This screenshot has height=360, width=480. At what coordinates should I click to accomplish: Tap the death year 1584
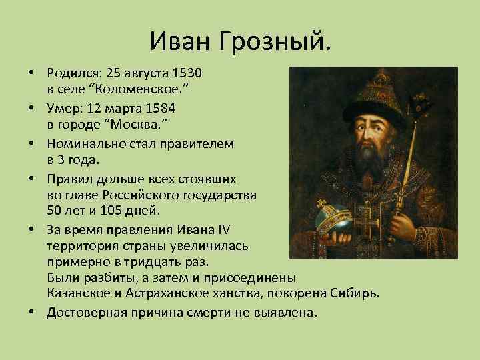click(x=159, y=107)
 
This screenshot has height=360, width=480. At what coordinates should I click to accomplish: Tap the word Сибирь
click(x=355, y=294)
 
